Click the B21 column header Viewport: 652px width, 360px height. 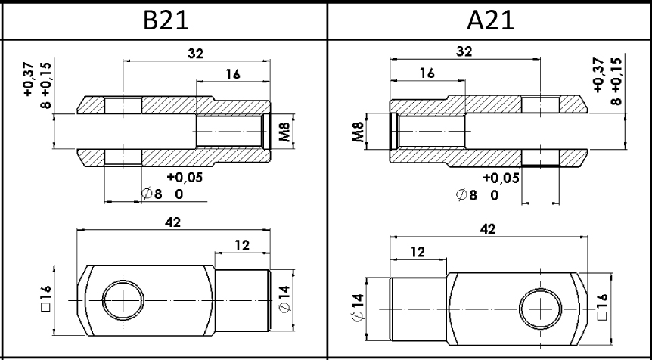(166, 20)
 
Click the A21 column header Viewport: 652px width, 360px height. (490, 20)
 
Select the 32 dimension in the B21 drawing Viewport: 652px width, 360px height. (196, 54)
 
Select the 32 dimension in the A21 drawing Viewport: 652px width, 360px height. (464, 51)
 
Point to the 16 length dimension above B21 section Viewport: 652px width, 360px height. (233, 74)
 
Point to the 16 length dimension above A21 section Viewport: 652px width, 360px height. (427, 73)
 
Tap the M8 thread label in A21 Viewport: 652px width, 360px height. (359, 132)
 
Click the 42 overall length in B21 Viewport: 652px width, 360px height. (173, 222)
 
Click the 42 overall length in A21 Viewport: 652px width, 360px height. (488, 229)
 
